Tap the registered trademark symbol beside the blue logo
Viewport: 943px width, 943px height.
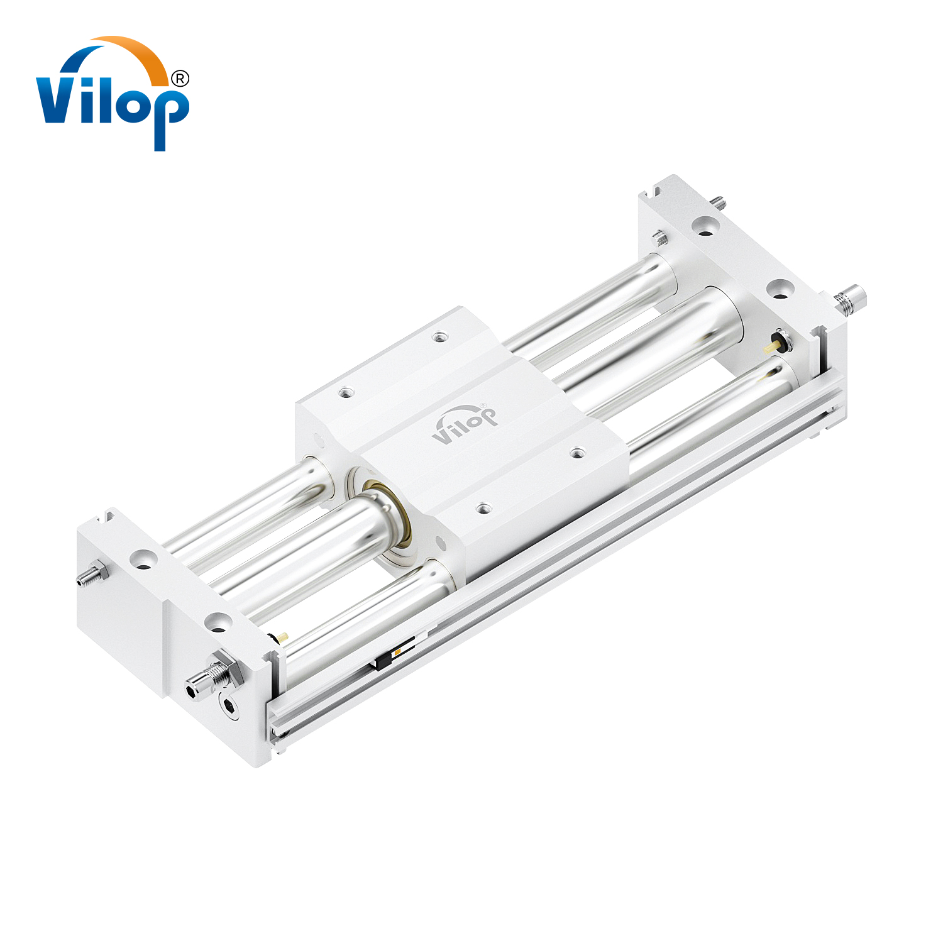pyautogui.click(x=180, y=79)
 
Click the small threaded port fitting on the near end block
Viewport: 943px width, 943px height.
pyautogui.click(x=92, y=575)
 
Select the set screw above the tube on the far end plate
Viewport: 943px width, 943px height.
pyautogui.click(x=659, y=238)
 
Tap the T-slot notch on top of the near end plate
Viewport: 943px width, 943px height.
pyautogui.click(x=107, y=518)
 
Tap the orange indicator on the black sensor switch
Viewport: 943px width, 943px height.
pyautogui.click(x=397, y=651)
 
